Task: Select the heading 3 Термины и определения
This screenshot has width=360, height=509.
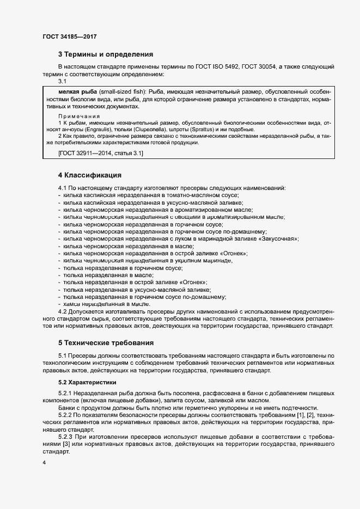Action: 105,54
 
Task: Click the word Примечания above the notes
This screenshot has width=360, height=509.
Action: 79,116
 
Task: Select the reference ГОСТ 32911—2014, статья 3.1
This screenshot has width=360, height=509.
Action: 100,154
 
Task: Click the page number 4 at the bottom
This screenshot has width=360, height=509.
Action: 44,463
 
